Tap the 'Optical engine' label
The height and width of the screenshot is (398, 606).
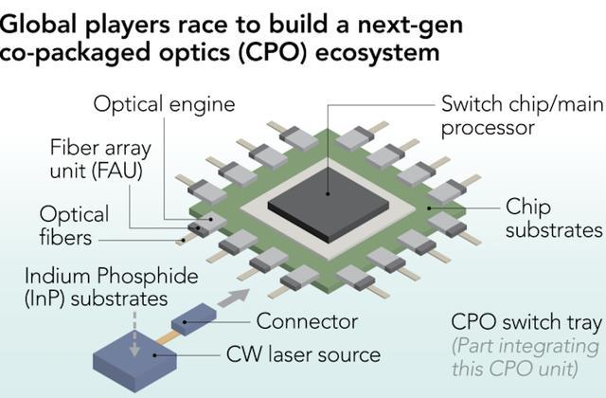[164, 104]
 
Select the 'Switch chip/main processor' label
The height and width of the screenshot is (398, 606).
[522, 116]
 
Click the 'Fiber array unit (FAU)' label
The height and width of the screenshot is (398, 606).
[100, 159]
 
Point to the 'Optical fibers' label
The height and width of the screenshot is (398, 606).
[74, 226]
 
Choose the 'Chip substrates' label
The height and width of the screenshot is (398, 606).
[553, 218]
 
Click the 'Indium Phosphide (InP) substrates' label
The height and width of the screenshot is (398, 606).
[112, 287]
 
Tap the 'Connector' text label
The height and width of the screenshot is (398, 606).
[307, 321]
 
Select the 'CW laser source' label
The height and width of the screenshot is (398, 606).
[303, 354]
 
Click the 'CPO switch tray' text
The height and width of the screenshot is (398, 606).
[526, 322]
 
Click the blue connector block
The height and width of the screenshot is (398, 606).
[193, 319]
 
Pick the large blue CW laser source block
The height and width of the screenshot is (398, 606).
[134, 365]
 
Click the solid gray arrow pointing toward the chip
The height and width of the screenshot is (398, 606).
[234, 298]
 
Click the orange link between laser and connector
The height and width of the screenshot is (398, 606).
[169, 336]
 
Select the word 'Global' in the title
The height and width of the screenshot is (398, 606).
[38, 25]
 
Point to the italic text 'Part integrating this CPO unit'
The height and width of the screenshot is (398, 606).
[526, 357]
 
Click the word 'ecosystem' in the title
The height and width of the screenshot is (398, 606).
[378, 53]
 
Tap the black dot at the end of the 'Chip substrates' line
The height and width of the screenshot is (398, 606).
[429, 208]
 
